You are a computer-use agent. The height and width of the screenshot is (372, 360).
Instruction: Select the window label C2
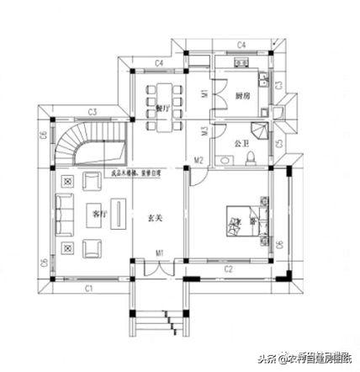(x=228, y=269)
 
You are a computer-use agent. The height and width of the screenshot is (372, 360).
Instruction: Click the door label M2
(x=199, y=160)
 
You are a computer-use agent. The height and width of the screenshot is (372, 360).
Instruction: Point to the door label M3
(x=204, y=130)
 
